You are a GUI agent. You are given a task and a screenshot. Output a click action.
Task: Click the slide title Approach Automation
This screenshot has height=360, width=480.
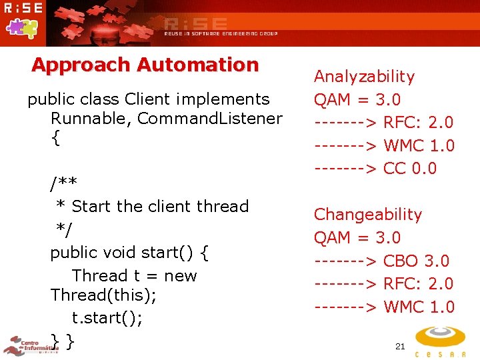[x=145, y=65]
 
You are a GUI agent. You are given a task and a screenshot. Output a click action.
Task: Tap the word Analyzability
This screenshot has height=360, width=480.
[x=364, y=77]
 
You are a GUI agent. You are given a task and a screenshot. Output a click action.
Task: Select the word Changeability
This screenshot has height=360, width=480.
[x=368, y=215]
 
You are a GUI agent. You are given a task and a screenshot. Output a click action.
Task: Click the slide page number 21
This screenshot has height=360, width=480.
[x=400, y=346]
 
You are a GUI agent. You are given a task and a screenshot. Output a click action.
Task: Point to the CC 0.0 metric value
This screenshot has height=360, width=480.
[x=410, y=169]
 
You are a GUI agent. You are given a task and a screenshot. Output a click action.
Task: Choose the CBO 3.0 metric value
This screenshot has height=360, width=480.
[x=416, y=261]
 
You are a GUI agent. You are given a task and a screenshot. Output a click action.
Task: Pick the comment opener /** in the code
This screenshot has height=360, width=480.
[x=64, y=183]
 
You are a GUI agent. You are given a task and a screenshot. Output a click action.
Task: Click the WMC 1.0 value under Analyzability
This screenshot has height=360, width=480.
[x=419, y=146]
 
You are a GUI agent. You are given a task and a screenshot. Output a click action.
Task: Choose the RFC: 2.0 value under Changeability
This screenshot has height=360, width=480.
[x=418, y=284]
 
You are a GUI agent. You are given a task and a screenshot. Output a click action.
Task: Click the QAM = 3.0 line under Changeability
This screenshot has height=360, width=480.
[x=357, y=238]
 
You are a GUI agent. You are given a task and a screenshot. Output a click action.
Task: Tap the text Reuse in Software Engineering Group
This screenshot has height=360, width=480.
[x=221, y=33]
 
